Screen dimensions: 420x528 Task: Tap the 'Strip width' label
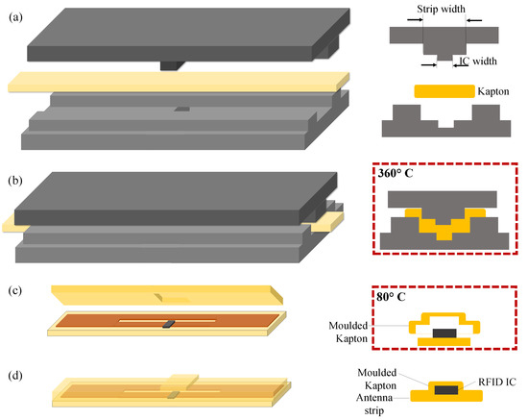pyautogui.click(x=443, y=10)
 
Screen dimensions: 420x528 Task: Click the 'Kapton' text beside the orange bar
pyautogui.click(x=490, y=92)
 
